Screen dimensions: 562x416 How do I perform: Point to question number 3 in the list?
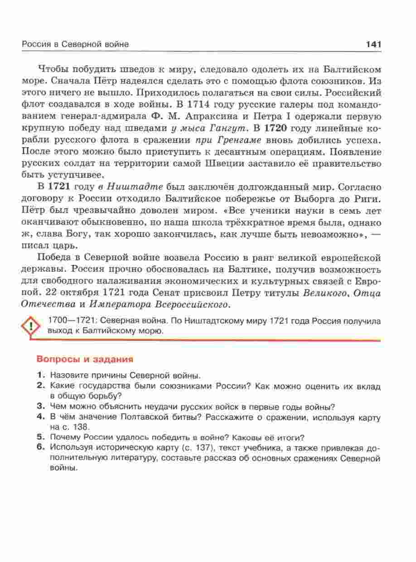point(40,406)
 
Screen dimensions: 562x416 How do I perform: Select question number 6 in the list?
point(40,447)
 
